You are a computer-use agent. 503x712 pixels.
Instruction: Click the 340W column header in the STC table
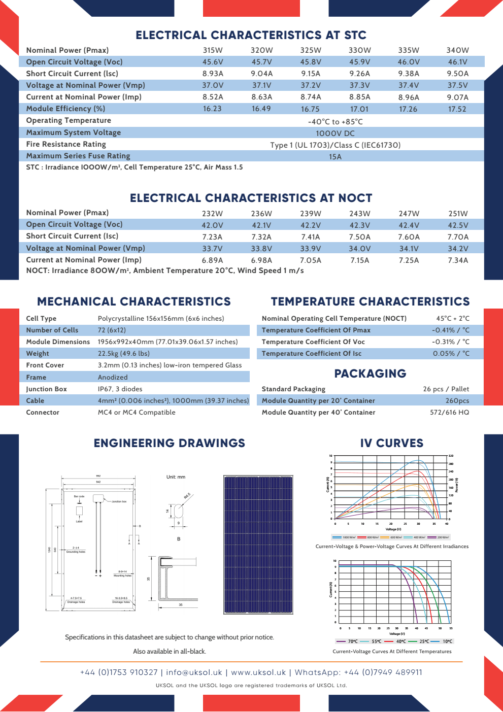click(457, 50)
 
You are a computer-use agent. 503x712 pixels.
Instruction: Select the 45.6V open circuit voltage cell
click(213, 62)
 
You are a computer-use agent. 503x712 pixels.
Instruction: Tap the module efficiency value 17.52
click(457, 109)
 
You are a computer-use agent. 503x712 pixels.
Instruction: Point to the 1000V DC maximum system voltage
click(335, 133)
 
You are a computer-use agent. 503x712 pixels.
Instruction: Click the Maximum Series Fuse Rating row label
click(78, 156)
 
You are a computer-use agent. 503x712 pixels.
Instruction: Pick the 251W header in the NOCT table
click(458, 214)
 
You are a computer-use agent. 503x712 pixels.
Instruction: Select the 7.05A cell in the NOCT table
click(310, 260)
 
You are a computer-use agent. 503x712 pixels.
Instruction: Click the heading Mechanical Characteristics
click(134, 301)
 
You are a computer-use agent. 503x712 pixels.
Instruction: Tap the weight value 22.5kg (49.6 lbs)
click(124, 354)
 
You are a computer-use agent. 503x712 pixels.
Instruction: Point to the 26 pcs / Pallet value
click(446, 389)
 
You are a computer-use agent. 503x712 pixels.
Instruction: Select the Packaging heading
click(370, 374)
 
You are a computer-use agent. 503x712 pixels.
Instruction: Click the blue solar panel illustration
click(258, 545)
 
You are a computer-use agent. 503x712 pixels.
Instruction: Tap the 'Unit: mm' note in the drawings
click(176, 477)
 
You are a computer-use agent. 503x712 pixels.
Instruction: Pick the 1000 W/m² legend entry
click(344, 537)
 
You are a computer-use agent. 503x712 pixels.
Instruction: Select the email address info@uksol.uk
click(194, 672)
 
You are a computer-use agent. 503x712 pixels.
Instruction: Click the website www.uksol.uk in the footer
click(258, 672)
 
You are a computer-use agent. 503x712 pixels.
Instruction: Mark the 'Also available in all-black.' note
click(170, 652)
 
